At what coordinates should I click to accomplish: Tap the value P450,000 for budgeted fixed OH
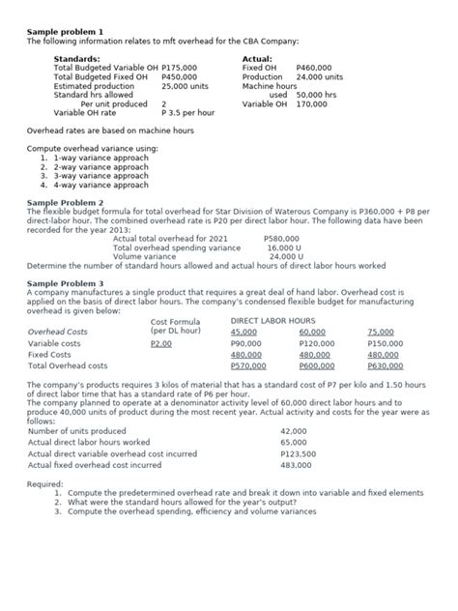click(x=179, y=76)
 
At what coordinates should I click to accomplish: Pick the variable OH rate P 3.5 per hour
click(x=187, y=112)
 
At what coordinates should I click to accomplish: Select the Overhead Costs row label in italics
click(x=58, y=332)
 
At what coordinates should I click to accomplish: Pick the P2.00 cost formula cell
click(x=161, y=343)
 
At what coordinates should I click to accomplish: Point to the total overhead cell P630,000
click(x=386, y=366)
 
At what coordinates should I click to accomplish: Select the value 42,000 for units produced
click(x=294, y=430)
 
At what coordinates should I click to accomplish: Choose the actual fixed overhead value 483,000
click(x=296, y=465)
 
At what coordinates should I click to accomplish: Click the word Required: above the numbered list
click(x=45, y=483)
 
